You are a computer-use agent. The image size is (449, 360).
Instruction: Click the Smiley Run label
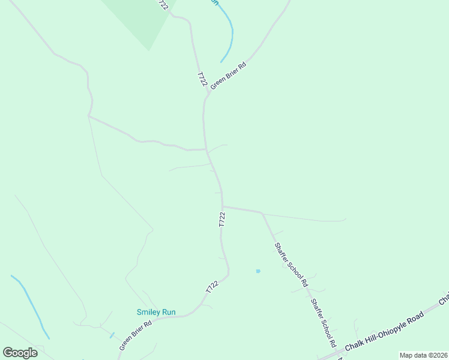155,312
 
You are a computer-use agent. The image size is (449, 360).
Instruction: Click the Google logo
20,353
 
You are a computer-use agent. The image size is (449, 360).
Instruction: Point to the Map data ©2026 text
423,355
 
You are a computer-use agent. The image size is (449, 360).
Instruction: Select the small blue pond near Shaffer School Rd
258,271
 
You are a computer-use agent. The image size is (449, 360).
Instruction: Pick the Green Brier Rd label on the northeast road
229,74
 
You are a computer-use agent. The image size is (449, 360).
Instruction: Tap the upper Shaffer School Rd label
291,263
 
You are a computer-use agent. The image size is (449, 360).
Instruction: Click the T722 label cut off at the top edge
162,4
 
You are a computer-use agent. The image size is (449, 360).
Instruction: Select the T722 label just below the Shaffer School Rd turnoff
222,219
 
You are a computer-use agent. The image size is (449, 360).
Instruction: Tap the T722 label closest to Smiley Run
211,287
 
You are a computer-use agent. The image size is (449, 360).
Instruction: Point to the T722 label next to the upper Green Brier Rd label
202,80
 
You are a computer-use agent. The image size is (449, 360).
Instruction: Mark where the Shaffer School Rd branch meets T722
223,207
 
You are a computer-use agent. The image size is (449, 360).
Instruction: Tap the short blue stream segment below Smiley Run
112,335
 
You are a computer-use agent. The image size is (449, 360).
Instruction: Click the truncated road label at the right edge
444,298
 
